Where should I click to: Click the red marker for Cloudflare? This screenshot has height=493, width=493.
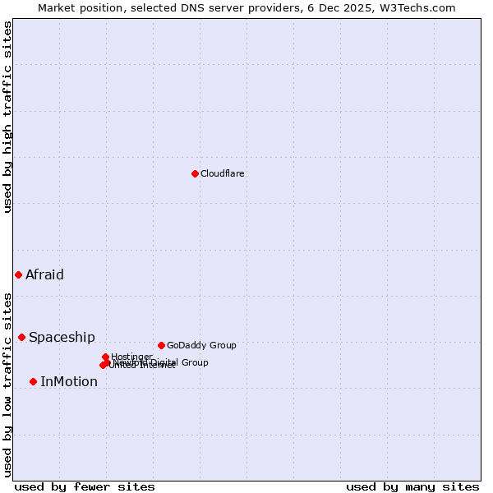click(195, 173)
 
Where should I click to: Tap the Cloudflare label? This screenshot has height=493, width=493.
click(223, 173)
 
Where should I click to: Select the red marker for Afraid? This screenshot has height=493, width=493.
click(18, 274)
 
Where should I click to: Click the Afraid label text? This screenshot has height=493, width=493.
click(44, 274)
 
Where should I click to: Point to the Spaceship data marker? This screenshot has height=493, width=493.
click(22, 337)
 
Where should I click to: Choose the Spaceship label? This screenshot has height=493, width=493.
click(62, 337)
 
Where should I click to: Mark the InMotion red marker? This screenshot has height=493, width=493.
click(33, 381)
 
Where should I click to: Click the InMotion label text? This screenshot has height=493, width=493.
click(69, 381)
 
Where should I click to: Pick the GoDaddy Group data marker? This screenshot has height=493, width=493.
click(161, 345)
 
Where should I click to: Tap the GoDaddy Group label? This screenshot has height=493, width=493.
click(201, 345)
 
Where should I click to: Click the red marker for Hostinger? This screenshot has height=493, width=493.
click(105, 357)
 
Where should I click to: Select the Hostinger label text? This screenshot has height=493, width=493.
click(131, 356)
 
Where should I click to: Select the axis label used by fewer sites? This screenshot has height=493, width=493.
click(85, 486)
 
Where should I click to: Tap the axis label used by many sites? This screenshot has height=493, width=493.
click(412, 486)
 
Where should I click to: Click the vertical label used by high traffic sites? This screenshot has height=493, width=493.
click(7, 117)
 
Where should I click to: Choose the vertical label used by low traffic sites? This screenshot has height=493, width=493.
click(7, 384)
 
